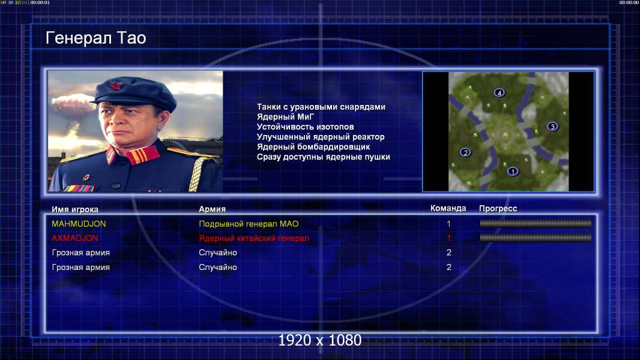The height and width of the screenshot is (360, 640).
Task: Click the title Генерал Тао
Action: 95,38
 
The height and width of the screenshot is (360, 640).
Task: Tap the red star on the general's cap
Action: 115,86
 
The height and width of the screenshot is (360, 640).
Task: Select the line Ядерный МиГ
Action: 285,116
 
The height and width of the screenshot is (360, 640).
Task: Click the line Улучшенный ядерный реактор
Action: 321,137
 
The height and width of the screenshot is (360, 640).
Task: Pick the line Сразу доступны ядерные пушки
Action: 323,157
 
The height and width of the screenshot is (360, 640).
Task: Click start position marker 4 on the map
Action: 499,93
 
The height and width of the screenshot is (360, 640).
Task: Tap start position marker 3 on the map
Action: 552,127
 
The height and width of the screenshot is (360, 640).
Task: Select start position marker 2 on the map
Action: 465,152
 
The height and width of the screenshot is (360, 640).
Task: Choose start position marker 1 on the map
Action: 513,171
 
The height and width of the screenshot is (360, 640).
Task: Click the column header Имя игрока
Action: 75,209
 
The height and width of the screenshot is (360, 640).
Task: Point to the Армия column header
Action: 213,209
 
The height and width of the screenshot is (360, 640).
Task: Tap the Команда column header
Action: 448,208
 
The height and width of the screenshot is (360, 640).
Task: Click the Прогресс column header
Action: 498,208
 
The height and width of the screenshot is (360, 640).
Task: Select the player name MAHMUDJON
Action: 79,224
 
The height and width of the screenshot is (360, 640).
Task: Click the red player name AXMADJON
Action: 75,238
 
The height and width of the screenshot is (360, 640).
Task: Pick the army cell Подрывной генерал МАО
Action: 249,224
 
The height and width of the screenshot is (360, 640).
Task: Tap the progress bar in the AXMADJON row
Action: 536,238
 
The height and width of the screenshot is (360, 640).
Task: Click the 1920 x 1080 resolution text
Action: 320,340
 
